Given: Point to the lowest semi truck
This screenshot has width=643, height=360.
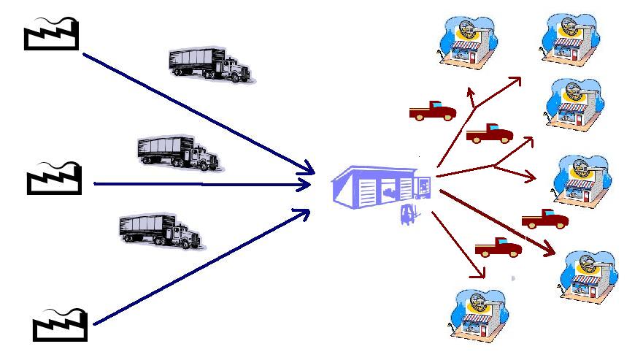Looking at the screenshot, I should click(161, 231).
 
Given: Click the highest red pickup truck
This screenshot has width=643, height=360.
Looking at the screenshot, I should click(432, 111).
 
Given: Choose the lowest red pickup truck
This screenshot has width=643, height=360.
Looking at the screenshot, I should click(498, 248).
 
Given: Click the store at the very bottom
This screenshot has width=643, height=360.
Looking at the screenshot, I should click(479, 317).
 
